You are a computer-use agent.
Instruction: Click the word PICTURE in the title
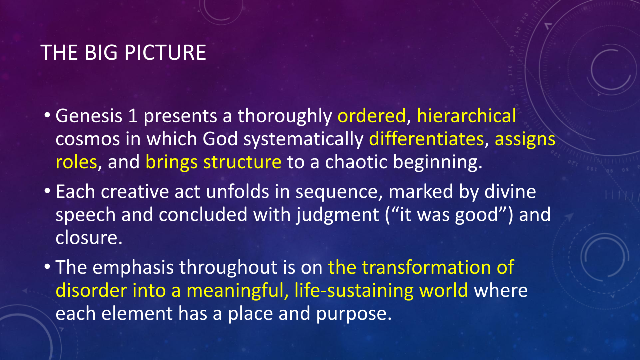click(x=165, y=53)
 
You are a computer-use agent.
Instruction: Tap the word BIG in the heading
click(x=101, y=53)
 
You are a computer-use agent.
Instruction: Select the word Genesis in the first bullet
click(x=89, y=116)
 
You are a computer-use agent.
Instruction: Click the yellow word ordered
click(x=371, y=116)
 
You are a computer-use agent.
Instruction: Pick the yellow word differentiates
click(x=426, y=139)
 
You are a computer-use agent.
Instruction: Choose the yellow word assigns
click(x=525, y=140)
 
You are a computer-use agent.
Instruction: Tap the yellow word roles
click(x=76, y=162)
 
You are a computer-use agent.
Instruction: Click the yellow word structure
click(x=242, y=162)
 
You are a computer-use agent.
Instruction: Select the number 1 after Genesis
click(x=133, y=116)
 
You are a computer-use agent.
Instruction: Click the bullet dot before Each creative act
click(x=47, y=191)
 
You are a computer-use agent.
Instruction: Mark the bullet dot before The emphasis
click(x=47, y=266)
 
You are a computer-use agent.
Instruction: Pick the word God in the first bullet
click(x=220, y=139)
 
